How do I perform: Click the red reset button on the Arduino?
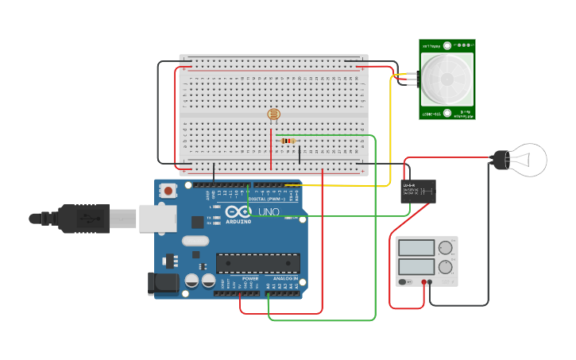(168, 191)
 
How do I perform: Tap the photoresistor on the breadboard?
(274, 114)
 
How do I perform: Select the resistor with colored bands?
(288, 141)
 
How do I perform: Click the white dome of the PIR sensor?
(447, 79)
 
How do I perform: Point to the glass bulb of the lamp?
(528, 159)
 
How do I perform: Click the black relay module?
(418, 191)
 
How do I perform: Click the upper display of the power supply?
(416, 248)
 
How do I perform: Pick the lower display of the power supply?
(416, 266)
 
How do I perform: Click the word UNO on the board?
(269, 212)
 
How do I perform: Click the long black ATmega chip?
(258, 263)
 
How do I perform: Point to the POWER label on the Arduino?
(250, 279)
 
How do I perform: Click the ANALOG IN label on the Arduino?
(285, 279)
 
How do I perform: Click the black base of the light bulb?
(500, 159)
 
